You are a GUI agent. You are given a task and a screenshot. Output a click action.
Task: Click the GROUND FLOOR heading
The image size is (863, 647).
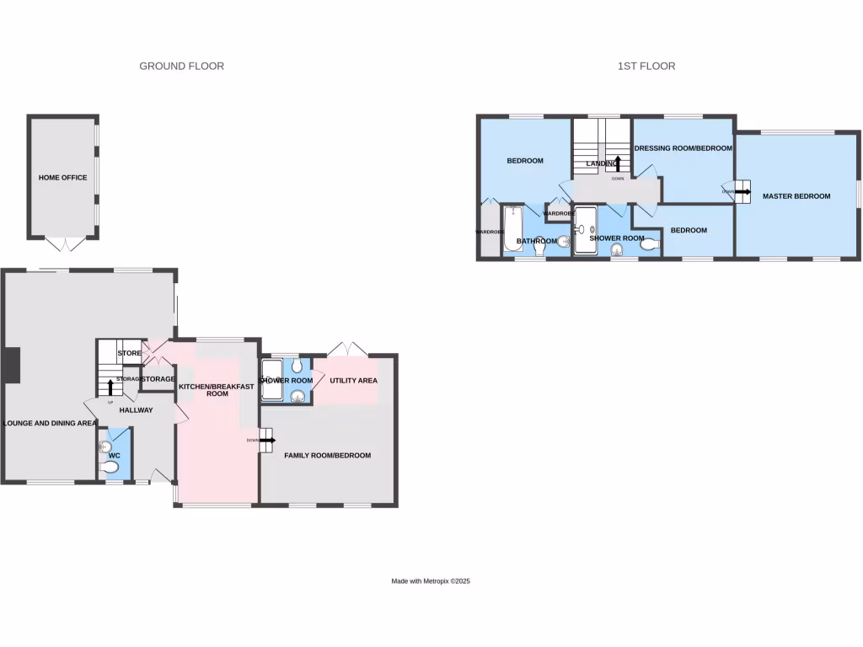[181, 66]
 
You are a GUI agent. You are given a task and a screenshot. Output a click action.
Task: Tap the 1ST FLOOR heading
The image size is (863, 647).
[646, 66]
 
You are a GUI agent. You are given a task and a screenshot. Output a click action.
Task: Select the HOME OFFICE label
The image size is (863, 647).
[62, 178]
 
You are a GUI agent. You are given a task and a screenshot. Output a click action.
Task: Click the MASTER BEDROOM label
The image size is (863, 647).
[796, 196]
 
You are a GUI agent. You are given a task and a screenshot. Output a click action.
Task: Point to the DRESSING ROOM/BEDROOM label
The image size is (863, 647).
[683, 148]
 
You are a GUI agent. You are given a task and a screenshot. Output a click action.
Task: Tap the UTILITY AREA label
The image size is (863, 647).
[353, 381]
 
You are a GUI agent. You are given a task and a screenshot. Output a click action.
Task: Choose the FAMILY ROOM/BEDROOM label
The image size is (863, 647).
[327, 456]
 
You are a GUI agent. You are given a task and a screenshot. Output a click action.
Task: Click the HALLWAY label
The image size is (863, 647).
[136, 410]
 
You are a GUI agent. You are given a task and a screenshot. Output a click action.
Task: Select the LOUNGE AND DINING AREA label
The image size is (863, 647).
[50, 424]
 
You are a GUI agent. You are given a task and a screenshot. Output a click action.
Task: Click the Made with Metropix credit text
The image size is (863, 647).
[431, 581]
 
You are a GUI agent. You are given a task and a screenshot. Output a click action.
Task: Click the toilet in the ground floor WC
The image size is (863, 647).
[110, 466]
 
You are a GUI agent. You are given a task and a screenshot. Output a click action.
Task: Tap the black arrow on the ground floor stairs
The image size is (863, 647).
[110, 387]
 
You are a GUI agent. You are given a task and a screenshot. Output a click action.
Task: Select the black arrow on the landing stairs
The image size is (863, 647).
[618, 163]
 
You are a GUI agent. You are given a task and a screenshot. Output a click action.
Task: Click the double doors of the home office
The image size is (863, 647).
[64, 244]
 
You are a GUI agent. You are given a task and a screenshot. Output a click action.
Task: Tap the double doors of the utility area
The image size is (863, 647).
[347, 347]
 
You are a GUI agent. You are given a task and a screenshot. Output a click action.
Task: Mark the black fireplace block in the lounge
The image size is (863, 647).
[10, 365]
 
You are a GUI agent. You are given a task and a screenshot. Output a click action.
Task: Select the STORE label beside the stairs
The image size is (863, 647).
[129, 353]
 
